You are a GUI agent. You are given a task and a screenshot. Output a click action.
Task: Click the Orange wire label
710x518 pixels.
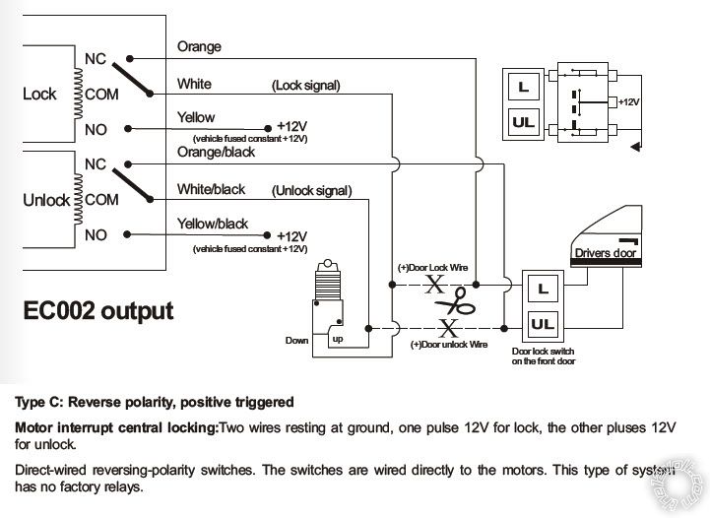coord(199,46)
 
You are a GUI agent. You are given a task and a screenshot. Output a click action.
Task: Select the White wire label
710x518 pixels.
coord(194,84)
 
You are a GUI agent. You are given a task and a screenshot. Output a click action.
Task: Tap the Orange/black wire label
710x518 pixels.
coord(217,153)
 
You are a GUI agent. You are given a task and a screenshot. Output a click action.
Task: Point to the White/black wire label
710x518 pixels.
coord(211,188)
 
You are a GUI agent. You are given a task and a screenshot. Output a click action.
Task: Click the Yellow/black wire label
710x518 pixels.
coord(213,224)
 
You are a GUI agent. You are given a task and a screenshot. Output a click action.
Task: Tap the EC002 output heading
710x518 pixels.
coord(98,311)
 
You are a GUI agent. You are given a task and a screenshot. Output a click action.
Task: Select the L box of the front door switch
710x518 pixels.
coord(540,289)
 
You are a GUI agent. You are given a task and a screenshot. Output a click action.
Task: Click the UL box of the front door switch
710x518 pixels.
coord(541,323)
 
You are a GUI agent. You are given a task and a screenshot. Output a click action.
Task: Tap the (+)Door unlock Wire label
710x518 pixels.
coord(448,345)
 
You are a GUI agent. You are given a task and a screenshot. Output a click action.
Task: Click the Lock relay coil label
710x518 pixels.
coord(39,95)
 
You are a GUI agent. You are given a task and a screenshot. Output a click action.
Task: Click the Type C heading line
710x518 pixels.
coord(154,402)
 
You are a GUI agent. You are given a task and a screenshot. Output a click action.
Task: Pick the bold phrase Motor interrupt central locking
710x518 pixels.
coord(117,428)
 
